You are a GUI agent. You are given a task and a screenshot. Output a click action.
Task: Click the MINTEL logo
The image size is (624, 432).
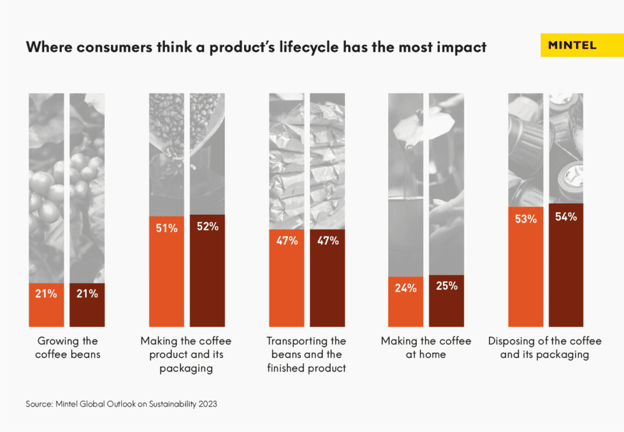(x=572, y=45)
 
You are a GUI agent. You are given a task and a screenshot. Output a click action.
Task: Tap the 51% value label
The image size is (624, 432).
(x=166, y=228)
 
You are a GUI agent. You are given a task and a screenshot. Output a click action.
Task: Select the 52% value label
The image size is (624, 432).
(x=207, y=227)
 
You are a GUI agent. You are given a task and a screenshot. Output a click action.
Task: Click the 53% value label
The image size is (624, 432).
(x=525, y=219)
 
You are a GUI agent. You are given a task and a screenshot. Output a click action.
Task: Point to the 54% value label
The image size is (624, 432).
(x=566, y=217)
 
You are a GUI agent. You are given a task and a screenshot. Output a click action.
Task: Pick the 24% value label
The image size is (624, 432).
(x=406, y=288)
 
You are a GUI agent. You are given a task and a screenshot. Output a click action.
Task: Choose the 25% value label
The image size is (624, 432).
(x=447, y=286)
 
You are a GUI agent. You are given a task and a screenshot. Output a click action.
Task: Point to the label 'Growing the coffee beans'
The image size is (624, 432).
(x=67, y=348)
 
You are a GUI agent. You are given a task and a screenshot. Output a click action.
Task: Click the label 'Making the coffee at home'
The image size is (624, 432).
(x=426, y=348)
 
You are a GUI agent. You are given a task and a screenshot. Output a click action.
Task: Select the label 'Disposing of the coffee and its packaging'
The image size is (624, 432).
(x=545, y=348)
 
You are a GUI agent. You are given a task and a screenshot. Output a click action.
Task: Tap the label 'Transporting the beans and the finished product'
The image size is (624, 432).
(x=306, y=355)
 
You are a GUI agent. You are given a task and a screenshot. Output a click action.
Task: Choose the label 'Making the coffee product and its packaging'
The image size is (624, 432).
(x=186, y=355)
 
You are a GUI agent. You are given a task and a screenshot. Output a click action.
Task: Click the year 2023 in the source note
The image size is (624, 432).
(x=207, y=404)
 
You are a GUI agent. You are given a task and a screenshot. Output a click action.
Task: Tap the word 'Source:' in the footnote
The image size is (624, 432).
(x=39, y=404)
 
